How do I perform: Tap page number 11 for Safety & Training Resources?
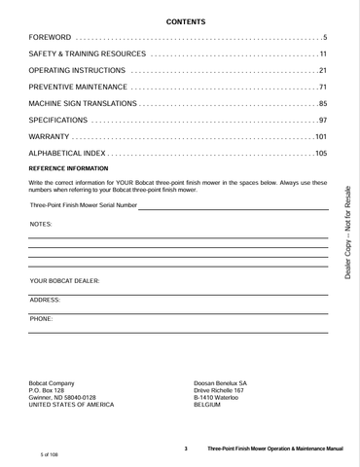pos(323,53)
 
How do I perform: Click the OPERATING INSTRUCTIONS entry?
pos(79,70)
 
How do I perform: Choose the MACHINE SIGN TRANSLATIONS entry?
pos(83,103)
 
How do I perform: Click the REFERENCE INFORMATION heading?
pos(68,169)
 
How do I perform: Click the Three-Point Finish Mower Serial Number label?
pos(83,205)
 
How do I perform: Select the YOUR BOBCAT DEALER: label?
pos(65,280)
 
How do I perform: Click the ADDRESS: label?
pos(45,300)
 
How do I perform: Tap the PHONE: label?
pos(42,318)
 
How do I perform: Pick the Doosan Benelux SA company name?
pos(221,382)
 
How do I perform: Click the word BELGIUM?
pos(207,405)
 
